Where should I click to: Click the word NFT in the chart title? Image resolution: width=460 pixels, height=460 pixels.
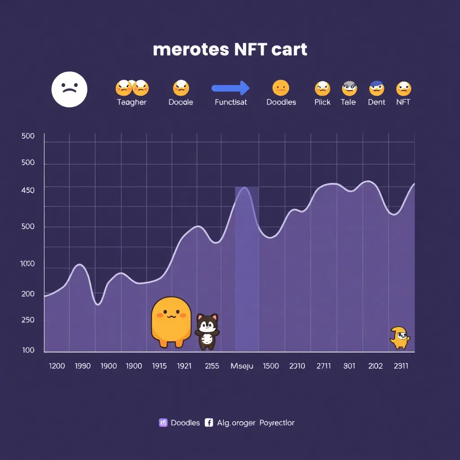[250, 49]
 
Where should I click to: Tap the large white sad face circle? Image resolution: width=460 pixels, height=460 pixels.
[69, 89]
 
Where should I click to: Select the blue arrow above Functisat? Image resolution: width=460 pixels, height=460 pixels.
[230, 88]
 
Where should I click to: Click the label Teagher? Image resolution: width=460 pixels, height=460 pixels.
[132, 102]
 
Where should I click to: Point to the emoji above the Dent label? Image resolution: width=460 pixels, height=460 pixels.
[376, 88]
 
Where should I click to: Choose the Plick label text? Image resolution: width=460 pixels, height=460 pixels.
[322, 102]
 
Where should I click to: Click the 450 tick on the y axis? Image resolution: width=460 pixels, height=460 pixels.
[27, 190]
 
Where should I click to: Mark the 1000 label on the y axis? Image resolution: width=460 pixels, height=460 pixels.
[27, 264]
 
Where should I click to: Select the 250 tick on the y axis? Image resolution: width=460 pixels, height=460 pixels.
[27, 320]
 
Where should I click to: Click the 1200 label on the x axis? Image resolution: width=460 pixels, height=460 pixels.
[57, 366]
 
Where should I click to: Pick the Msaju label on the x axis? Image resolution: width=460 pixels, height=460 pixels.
[242, 366]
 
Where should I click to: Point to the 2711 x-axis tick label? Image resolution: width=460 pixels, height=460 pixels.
[323, 366]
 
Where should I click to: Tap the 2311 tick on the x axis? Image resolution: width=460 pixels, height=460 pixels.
[401, 366]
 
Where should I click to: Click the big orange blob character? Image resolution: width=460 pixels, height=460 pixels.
[171, 321]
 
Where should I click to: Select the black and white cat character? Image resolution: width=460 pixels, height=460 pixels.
[207, 332]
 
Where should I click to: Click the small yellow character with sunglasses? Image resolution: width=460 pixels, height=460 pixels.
[400, 337]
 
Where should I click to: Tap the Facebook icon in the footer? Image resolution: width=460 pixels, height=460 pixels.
[208, 422]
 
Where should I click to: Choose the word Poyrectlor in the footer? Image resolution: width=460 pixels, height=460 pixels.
[277, 422]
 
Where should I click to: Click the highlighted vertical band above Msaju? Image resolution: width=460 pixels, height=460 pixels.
[247, 270]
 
